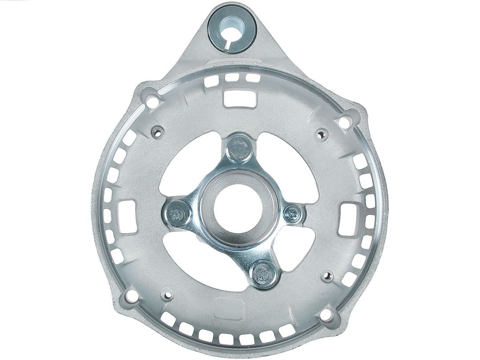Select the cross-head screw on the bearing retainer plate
point(293,214)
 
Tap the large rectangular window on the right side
point(349,219)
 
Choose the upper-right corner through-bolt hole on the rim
point(344,122)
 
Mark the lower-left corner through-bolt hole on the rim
point(130,296)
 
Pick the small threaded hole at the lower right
point(328,277)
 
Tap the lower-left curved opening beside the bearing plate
point(196,262)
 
